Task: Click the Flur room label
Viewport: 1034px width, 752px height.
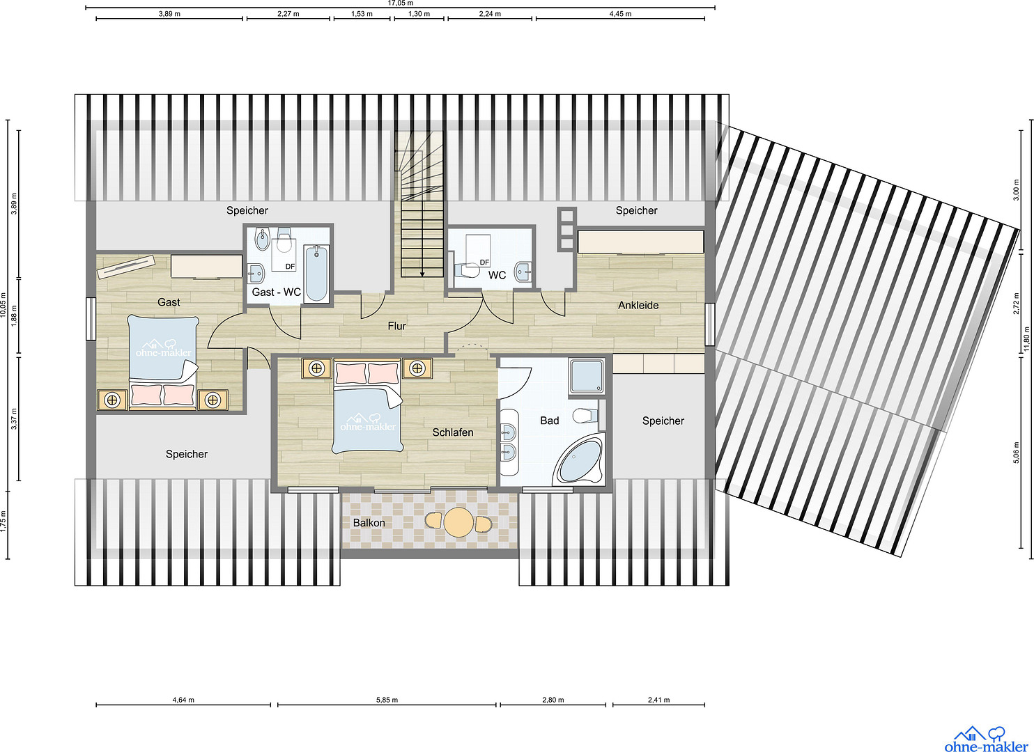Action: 396,326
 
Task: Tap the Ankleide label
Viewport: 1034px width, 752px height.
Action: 638,305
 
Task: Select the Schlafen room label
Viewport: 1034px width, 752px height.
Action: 452,432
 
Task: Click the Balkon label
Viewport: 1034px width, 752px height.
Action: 369,523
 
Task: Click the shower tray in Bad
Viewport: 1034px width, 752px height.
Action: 587,377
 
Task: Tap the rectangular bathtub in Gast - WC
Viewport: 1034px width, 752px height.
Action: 316,274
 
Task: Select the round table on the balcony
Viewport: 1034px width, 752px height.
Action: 458,522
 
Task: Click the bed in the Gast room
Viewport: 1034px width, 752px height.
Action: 162,362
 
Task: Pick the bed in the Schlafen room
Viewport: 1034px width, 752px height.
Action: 367,406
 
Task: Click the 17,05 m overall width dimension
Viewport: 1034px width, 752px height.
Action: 400,3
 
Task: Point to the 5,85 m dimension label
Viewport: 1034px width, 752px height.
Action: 387,700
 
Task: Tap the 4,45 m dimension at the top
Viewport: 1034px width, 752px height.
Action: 620,14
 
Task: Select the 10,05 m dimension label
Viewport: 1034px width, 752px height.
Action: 3,304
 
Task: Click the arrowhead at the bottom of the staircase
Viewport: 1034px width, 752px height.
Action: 422,274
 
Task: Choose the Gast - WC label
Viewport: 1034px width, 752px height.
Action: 276,292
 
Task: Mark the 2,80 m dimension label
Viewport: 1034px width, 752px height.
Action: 553,700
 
